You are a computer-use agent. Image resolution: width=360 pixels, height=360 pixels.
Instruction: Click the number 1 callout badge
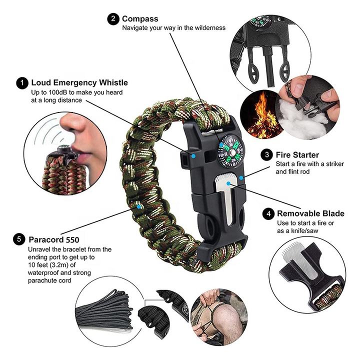coord(22,83)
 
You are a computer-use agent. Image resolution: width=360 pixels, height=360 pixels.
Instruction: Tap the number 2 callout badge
coord(113,19)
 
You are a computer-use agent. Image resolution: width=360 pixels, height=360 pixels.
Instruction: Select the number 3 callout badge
coord(267,154)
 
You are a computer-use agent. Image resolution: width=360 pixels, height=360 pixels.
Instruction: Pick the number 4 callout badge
coord(268,214)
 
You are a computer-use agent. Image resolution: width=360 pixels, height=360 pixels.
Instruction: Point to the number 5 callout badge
coord(19,239)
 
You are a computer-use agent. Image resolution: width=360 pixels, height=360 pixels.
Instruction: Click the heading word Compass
coord(140,19)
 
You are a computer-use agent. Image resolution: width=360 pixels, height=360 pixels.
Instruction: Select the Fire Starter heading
coord(297,155)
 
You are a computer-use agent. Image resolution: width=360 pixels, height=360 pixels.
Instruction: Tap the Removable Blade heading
coord(310,213)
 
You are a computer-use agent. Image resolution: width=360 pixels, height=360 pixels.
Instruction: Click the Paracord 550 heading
coord(54,239)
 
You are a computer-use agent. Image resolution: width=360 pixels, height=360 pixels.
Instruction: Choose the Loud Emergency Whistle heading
coord(79,82)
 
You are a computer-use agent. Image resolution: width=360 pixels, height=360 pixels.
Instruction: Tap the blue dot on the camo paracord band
coord(138,206)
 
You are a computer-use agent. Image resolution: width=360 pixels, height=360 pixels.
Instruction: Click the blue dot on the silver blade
coord(228,183)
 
